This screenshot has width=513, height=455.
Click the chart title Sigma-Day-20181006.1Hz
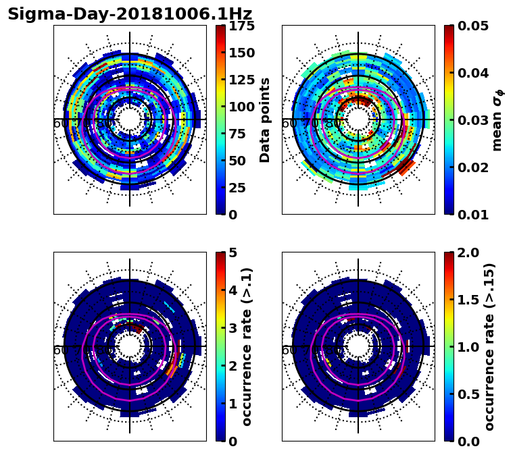[130, 14]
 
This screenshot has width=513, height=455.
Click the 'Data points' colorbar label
[265, 119]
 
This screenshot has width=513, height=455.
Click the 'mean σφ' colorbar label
[497, 119]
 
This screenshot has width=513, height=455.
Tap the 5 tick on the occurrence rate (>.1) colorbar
[232, 252]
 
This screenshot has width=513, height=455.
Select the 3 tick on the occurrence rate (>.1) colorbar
[232, 328]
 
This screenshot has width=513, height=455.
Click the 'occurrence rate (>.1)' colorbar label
[247, 346]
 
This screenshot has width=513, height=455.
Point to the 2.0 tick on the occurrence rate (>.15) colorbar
[464, 252]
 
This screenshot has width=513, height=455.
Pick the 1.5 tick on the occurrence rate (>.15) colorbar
[464, 300]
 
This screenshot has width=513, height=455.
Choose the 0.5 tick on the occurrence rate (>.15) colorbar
[464, 394]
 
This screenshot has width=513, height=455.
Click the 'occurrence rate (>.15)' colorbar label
[489, 346]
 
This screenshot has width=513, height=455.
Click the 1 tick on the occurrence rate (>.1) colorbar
[232, 404]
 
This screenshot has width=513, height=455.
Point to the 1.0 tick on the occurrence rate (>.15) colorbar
[464, 347]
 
